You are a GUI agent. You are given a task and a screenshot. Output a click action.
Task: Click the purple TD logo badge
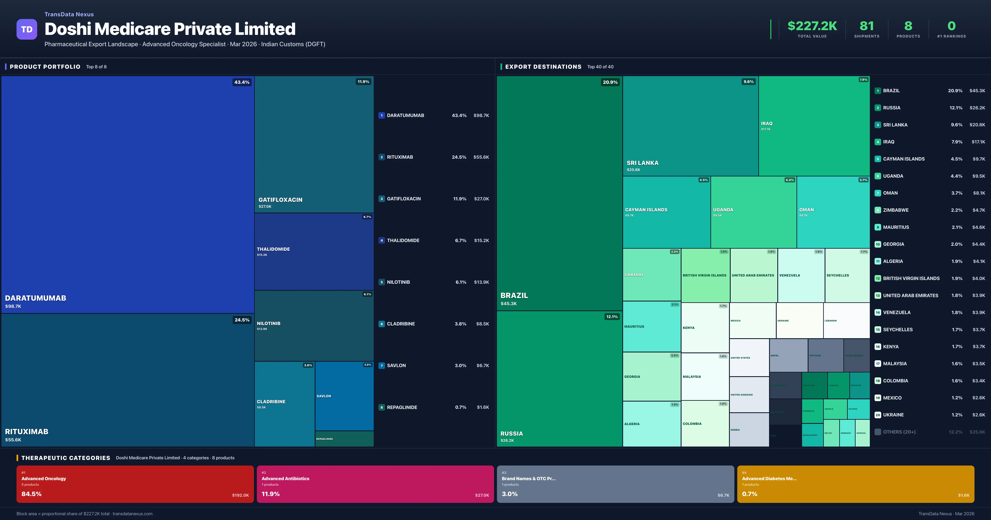27,29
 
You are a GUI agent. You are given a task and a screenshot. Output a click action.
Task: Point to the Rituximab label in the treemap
27,431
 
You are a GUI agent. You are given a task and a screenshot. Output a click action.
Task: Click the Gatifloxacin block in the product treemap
314,144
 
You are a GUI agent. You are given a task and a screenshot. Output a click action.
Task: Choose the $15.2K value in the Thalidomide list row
481,240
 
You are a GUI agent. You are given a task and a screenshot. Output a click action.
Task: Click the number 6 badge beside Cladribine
382,324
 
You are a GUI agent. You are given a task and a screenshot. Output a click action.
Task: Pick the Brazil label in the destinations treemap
514,295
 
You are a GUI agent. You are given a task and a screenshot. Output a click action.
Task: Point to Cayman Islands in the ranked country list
904,159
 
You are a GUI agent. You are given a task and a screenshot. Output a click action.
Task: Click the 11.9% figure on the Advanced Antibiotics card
270,494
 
